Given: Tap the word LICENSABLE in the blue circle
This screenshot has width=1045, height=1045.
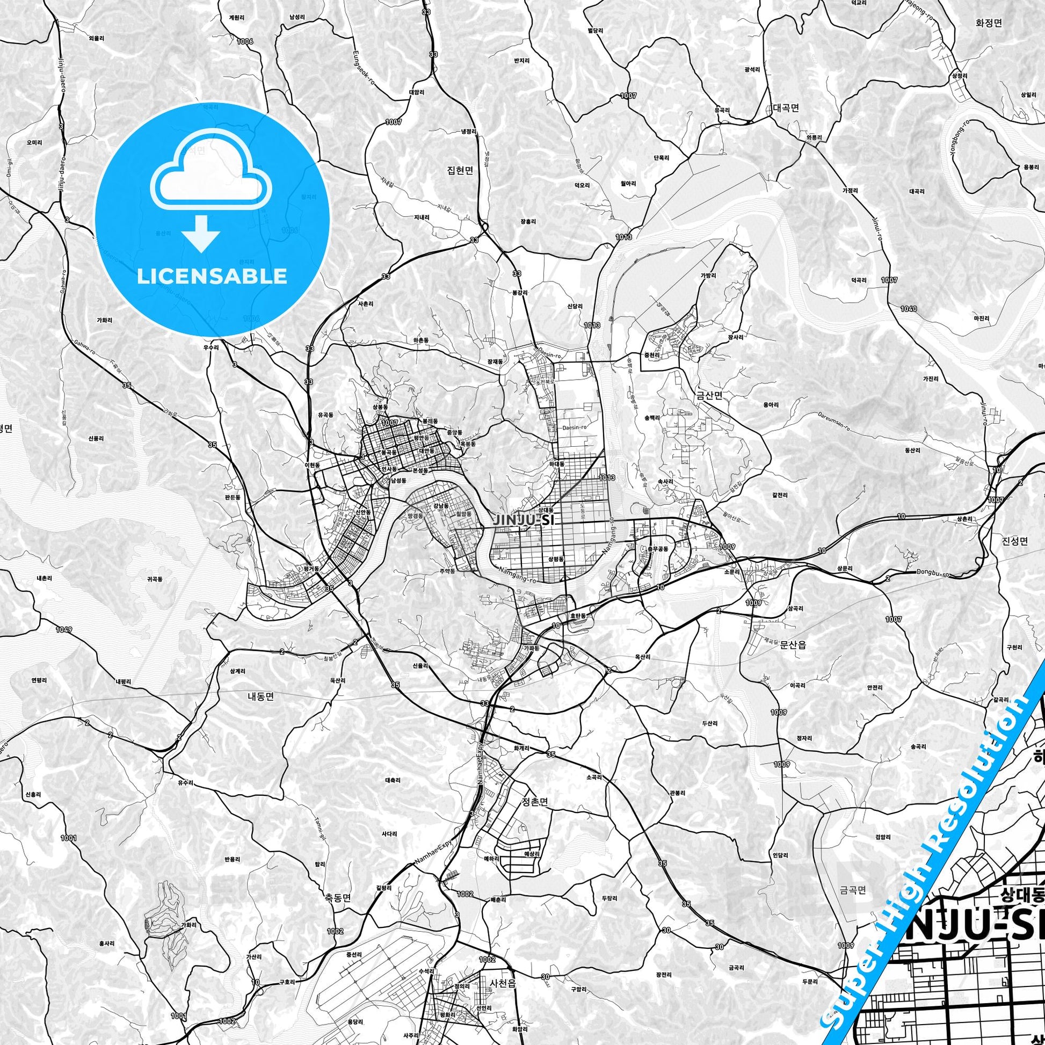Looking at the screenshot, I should coord(212,276).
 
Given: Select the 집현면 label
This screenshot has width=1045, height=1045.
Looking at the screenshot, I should coord(460,171).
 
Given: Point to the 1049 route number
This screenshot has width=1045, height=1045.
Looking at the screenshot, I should coord(63,629).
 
